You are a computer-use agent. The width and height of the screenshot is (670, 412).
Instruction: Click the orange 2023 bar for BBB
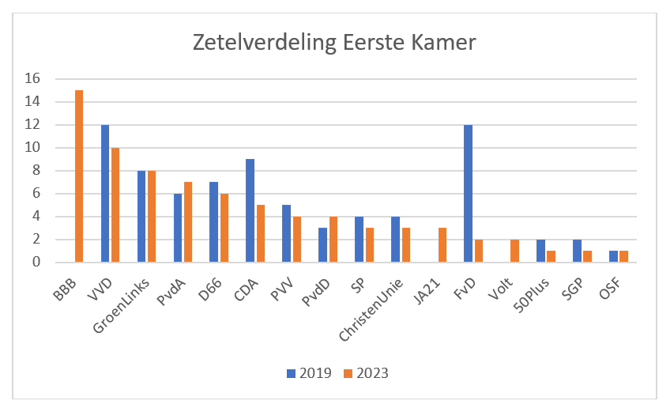point(79,176)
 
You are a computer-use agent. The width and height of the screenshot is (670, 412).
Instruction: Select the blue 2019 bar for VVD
point(105,193)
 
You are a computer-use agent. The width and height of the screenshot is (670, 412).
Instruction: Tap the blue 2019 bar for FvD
point(469,193)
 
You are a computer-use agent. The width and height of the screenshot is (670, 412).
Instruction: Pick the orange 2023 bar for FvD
point(479,251)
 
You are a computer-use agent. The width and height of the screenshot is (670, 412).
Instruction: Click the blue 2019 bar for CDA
point(250,210)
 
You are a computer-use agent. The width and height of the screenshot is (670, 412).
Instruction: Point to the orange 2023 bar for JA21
point(442,245)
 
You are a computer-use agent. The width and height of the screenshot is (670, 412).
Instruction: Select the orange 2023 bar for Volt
point(515,251)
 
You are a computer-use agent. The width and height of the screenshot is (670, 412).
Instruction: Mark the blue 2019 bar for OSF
point(614,256)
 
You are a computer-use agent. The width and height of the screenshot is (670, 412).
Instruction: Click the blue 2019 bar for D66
point(214,222)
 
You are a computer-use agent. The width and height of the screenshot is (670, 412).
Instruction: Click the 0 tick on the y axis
point(36,263)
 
